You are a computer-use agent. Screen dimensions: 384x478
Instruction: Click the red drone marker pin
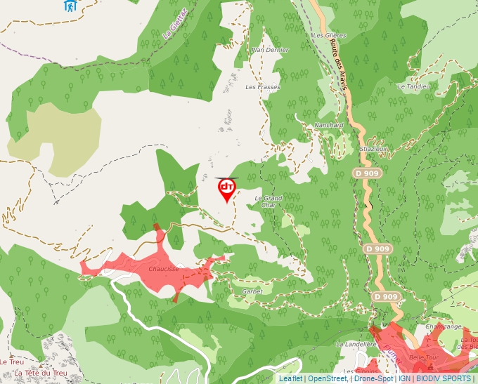226,189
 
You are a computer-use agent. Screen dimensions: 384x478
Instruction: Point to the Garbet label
252,291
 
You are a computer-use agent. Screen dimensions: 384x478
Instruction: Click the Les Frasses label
262,87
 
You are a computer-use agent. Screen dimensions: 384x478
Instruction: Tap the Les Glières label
329,35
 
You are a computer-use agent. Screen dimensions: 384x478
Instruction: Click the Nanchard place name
329,125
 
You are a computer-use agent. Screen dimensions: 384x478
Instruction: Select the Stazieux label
373,149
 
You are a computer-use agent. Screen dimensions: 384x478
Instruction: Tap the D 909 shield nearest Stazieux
363,173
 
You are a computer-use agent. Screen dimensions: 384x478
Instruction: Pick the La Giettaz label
174,23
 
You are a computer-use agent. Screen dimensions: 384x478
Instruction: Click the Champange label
444,326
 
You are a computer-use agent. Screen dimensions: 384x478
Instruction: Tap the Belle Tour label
423,357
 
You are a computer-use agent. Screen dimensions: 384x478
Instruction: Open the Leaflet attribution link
290,378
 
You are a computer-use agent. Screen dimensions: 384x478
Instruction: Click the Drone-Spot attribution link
373,378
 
